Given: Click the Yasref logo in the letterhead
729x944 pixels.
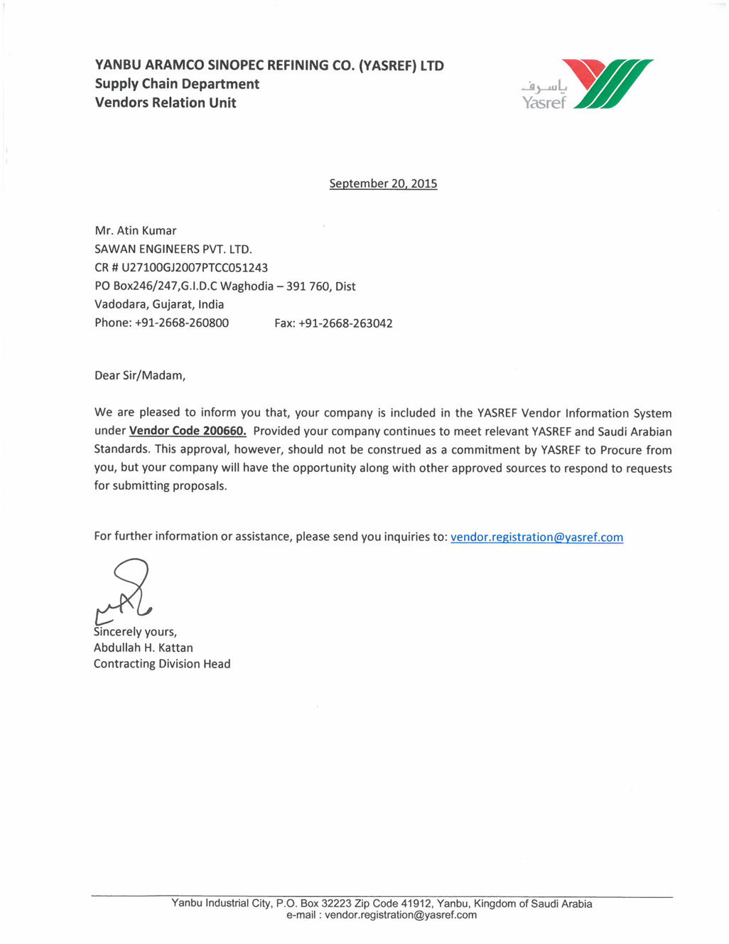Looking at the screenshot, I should (x=587, y=85).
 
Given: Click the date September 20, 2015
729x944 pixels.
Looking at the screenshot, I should (x=383, y=183).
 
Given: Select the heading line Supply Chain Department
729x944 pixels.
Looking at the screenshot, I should (x=177, y=84).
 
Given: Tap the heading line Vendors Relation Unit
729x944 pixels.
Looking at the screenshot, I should (x=166, y=102).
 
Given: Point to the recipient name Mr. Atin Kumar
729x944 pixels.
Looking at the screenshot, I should (x=136, y=230).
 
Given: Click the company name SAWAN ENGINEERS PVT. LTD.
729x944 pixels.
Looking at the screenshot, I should (x=173, y=249).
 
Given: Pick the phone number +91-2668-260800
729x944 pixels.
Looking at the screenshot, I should (x=182, y=323).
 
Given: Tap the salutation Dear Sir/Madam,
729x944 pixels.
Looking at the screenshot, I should (x=140, y=375).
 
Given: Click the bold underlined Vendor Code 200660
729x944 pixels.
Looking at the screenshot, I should (x=188, y=431).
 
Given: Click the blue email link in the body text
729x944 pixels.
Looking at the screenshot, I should (x=536, y=537).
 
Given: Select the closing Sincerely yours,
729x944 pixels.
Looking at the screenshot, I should (x=136, y=631).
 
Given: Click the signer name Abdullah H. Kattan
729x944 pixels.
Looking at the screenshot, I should (x=144, y=648).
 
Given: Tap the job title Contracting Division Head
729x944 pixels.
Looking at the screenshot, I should (x=162, y=664).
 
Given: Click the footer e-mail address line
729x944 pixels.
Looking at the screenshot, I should (x=382, y=916).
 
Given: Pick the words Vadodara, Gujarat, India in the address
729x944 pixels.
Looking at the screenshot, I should (x=159, y=304).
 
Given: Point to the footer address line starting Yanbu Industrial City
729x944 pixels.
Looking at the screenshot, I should (x=382, y=903).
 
